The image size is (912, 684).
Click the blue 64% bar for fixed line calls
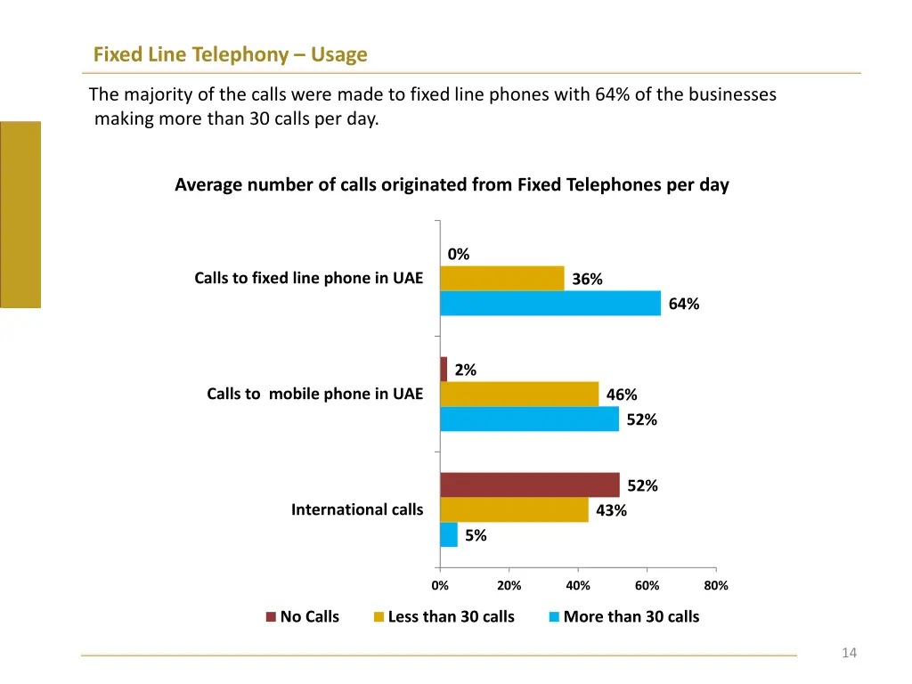550,304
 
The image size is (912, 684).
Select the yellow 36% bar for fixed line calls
502,279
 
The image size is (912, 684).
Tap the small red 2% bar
444,369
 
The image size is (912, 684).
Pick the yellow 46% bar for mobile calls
519,394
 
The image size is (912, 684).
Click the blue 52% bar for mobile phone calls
529,419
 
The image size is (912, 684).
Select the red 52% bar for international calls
530,484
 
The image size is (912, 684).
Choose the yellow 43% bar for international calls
514,509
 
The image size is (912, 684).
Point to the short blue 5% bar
448,534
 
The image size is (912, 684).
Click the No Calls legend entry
303,616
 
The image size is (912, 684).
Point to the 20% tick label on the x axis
509,586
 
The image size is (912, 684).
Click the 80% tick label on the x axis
716,586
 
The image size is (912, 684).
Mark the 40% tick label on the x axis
578,586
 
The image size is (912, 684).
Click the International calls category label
357,509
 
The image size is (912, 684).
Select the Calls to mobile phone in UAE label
314,394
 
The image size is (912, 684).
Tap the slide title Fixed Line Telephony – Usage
230,55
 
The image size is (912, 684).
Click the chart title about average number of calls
452,185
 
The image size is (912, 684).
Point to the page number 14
849,654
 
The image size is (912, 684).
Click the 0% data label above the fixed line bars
459,255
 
